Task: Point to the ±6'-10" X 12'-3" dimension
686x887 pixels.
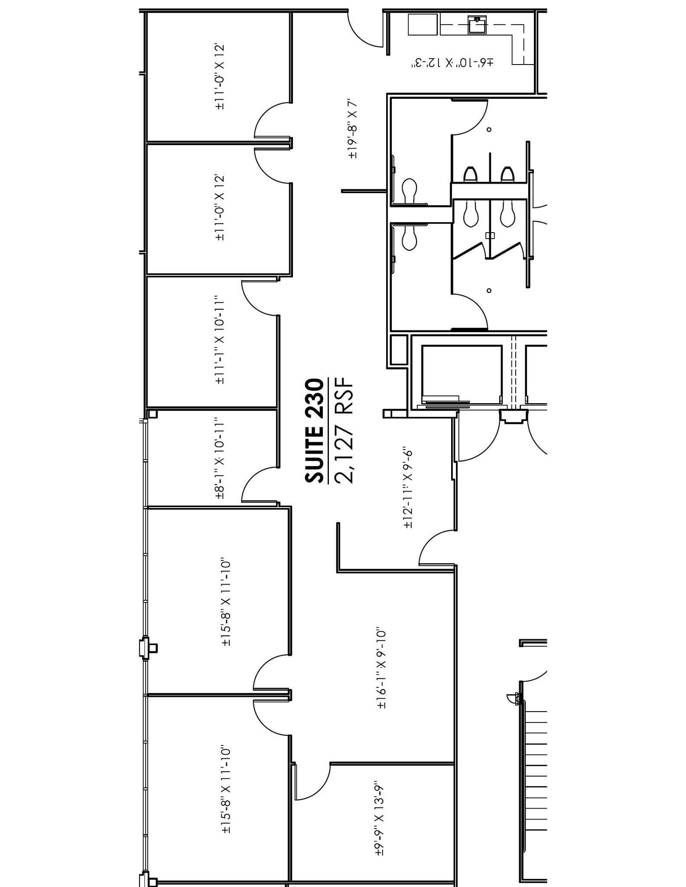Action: tap(452, 63)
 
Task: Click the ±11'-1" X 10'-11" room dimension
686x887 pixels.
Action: tap(220, 340)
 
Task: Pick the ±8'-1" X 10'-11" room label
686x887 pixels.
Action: tap(220, 458)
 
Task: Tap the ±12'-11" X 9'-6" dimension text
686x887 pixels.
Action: tap(408, 488)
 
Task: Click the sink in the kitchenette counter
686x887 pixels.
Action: tap(477, 25)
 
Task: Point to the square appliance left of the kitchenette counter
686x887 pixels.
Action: tap(423, 24)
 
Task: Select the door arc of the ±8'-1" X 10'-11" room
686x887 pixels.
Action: tap(259, 485)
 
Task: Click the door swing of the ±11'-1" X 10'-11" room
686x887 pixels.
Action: tap(259, 298)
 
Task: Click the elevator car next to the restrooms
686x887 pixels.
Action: tap(462, 375)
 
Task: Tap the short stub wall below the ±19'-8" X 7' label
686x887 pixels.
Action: tap(364, 191)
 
